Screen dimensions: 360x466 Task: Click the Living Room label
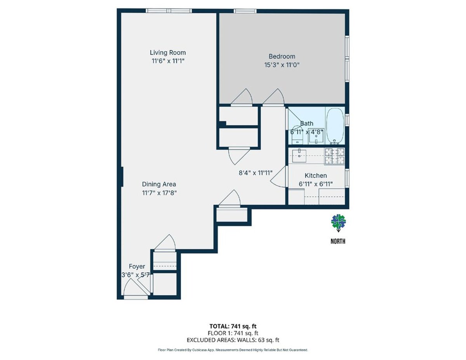click(x=168, y=52)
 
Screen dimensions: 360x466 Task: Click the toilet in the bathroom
click(x=297, y=134)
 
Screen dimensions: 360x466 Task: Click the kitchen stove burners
click(x=334, y=156)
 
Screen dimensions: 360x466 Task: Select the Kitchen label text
click(x=315, y=176)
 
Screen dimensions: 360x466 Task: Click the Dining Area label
click(x=159, y=184)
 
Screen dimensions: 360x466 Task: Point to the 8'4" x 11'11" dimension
click(x=256, y=173)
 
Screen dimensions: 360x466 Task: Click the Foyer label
click(x=137, y=266)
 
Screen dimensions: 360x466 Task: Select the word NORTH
click(x=338, y=241)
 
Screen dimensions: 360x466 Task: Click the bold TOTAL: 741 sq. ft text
click(x=233, y=326)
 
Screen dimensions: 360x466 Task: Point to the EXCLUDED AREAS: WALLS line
click(x=233, y=340)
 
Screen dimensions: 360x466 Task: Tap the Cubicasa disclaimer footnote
click(x=233, y=350)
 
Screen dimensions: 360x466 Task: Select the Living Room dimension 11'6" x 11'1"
click(x=168, y=61)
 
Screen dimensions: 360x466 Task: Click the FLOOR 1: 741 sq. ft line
click(x=233, y=333)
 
